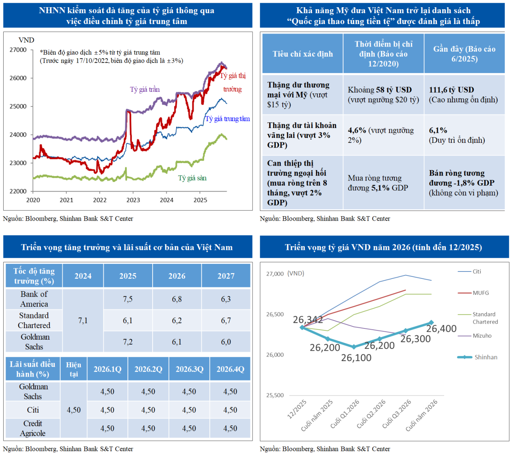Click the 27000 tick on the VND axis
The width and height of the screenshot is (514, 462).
[x=18, y=50]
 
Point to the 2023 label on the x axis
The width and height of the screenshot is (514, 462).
[x=133, y=200]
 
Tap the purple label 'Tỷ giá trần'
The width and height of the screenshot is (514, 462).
[x=145, y=89]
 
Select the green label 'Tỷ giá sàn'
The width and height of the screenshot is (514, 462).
[x=192, y=178]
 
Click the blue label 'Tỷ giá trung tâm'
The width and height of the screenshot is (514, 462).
[x=228, y=119]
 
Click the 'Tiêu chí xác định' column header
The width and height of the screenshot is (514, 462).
[x=303, y=54]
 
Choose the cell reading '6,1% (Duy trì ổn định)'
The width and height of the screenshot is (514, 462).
[x=457, y=135]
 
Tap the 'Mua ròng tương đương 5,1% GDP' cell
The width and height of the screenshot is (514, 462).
[x=378, y=183]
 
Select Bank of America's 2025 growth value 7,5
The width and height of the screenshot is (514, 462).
[x=128, y=299]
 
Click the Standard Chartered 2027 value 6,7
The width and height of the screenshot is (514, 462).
[x=226, y=320]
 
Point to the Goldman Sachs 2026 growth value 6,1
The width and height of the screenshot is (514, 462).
[x=177, y=342]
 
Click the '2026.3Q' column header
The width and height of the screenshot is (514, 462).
[x=190, y=369]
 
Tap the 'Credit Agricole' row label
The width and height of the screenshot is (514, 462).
[x=33, y=428]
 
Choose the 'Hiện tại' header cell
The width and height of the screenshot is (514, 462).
[x=73, y=369]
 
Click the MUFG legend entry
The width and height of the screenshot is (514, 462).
[x=481, y=293]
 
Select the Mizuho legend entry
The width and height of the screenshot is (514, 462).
[x=482, y=336]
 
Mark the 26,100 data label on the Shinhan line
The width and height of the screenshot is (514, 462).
[x=356, y=358]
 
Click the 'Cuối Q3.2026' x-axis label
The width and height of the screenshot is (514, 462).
[x=397, y=413]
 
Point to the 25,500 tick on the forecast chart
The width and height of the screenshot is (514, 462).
[x=275, y=395]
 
